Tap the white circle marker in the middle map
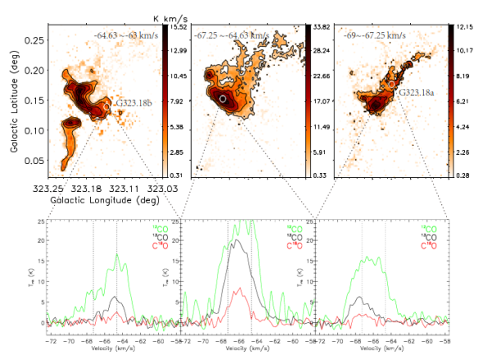[222, 99]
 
